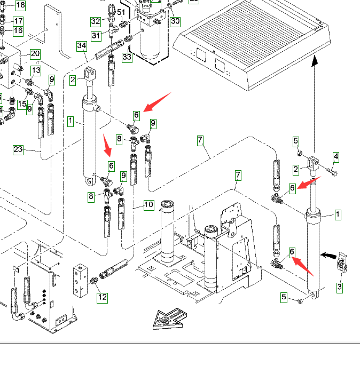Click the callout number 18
(x=20, y=6)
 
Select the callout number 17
(x=18, y=21)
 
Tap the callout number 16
(x=18, y=30)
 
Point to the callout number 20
(x=35, y=54)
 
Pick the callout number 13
(x=36, y=70)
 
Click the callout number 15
(x=22, y=104)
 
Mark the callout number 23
(x=18, y=150)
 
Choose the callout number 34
(x=81, y=46)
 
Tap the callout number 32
(x=96, y=21)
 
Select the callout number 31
(x=96, y=36)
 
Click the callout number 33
(x=127, y=57)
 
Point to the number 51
(x=121, y=12)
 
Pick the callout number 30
(x=175, y=21)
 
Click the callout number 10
(x=148, y=205)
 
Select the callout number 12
(x=102, y=297)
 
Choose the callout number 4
(x=335, y=157)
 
